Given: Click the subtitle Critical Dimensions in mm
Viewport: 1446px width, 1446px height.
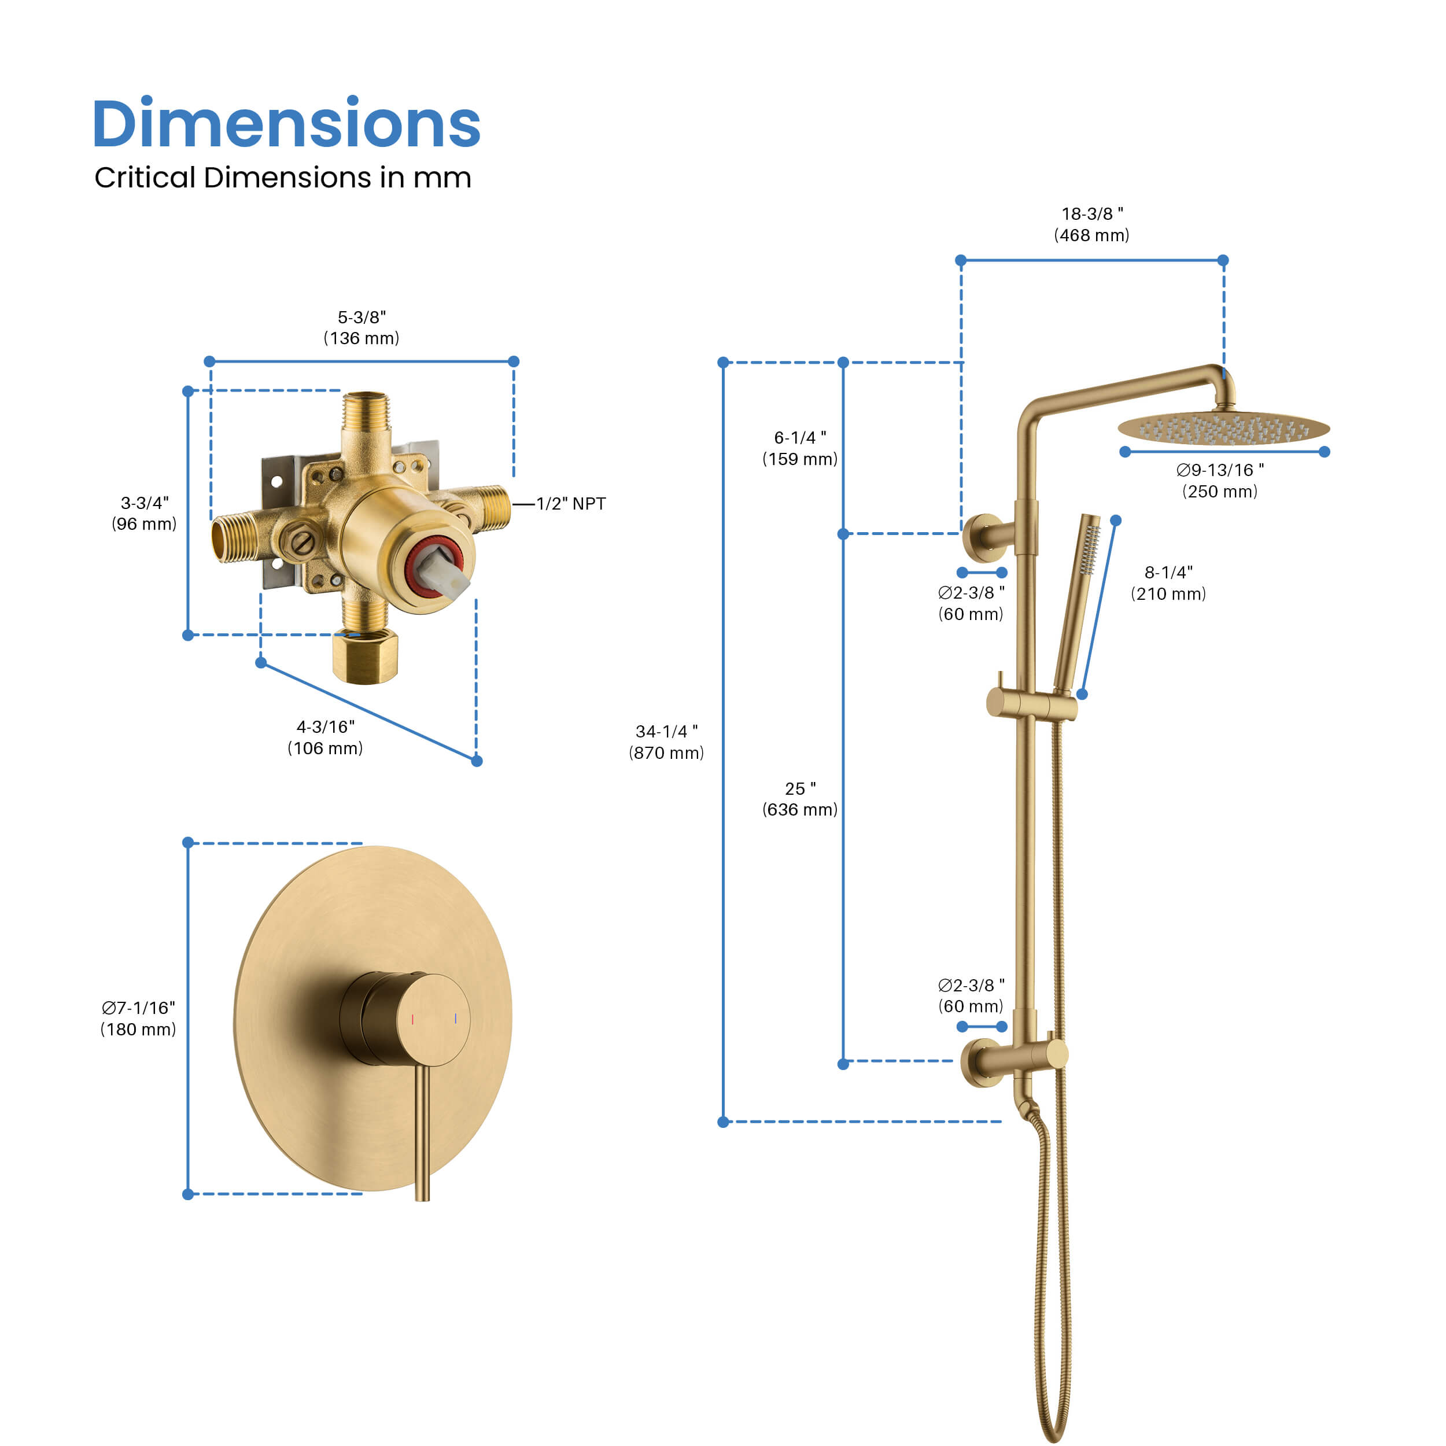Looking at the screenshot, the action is [283, 178].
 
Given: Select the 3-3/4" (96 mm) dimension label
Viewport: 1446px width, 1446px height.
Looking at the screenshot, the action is [145, 514].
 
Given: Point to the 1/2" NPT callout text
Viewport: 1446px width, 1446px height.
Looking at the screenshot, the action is [571, 504].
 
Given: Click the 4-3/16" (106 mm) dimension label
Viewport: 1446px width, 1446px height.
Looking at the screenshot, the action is [326, 737].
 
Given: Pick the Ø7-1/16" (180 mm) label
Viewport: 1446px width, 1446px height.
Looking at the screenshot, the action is [138, 1019].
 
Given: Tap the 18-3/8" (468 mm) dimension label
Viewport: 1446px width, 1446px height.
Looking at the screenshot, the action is [1092, 224].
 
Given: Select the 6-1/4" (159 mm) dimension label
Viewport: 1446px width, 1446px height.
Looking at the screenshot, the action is [800, 448].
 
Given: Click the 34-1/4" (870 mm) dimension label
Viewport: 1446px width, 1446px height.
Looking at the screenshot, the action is [666, 742].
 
